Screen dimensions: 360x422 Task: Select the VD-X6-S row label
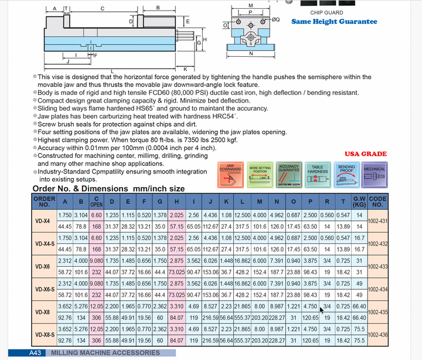point(44,290)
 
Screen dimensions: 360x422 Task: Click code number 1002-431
point(377,221)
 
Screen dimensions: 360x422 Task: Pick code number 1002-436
point(377,335)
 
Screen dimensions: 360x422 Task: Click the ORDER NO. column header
point(44,202)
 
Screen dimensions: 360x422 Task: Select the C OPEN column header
point(96,202)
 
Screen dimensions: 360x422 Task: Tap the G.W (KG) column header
point(359,202)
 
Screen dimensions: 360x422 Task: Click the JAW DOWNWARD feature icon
point(230,175)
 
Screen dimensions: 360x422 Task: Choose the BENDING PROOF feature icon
point(346,175)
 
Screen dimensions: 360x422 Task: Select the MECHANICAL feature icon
point(375,175)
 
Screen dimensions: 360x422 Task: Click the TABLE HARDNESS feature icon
point(318,175)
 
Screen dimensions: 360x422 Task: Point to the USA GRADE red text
point(366,154)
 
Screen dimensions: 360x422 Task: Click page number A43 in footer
point(35,353)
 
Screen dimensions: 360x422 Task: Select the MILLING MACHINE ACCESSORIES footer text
point(105,353)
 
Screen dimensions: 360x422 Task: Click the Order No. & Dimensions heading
point(108,189)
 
